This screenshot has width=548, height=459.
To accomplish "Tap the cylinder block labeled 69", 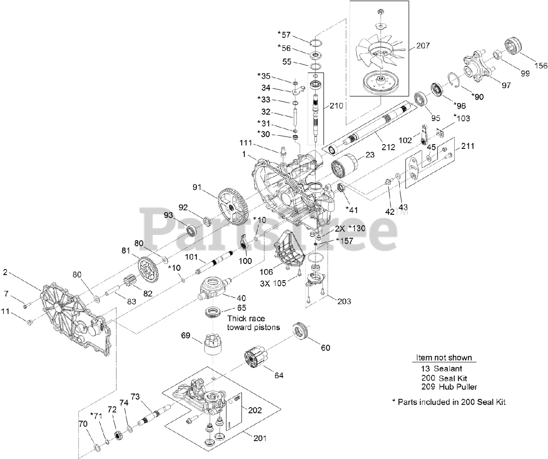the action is [x=213, y=344].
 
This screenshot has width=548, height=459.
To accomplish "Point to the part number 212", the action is [x=388, y=147].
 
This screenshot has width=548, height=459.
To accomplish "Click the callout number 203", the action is [x=344, y=301].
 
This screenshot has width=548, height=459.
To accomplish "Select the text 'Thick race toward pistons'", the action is [x=253, y=323].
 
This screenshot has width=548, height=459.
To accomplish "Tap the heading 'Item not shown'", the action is [x=444, y=357].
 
